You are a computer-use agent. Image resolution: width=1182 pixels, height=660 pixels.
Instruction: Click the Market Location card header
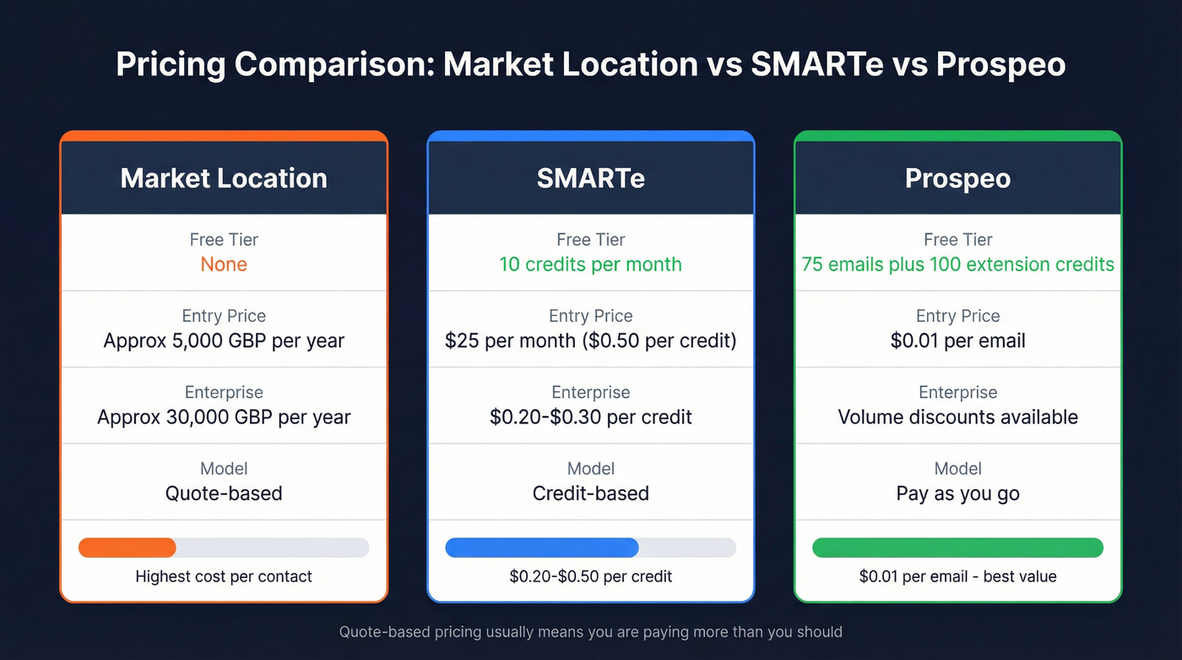224,178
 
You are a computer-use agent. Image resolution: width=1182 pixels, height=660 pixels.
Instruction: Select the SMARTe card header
590,178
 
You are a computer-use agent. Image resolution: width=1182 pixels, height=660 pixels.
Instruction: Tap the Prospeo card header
957,178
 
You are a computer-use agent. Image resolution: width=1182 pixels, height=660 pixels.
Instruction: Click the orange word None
224,265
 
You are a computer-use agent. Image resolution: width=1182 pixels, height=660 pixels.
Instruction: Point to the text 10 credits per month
590,265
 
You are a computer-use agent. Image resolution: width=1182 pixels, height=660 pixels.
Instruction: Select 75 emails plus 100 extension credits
957,265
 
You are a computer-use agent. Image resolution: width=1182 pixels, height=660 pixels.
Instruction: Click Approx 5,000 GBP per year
224,341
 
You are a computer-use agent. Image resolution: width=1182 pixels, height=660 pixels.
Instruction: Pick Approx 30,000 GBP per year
224,417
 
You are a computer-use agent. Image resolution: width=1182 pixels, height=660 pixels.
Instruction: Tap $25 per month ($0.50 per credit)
590,341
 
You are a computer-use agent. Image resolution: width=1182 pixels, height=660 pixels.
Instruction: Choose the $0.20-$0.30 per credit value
590,417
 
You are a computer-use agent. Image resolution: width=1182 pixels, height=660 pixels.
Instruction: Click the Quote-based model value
224,494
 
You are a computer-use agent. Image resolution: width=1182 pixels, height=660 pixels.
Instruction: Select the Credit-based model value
590,494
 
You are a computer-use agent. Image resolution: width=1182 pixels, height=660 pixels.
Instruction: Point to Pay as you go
957,494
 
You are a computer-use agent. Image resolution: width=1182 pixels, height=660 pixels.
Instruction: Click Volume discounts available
957,417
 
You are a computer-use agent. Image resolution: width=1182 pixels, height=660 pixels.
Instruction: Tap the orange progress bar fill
127,548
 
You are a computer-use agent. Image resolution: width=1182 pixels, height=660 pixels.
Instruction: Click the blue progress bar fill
541,548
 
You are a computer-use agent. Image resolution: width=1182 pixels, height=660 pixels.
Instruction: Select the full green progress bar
957,548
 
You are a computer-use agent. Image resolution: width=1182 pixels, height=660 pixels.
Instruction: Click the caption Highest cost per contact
224,577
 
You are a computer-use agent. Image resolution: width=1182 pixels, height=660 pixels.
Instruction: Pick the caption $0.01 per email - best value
957,577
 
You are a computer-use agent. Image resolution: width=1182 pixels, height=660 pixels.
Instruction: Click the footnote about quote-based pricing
590,631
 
